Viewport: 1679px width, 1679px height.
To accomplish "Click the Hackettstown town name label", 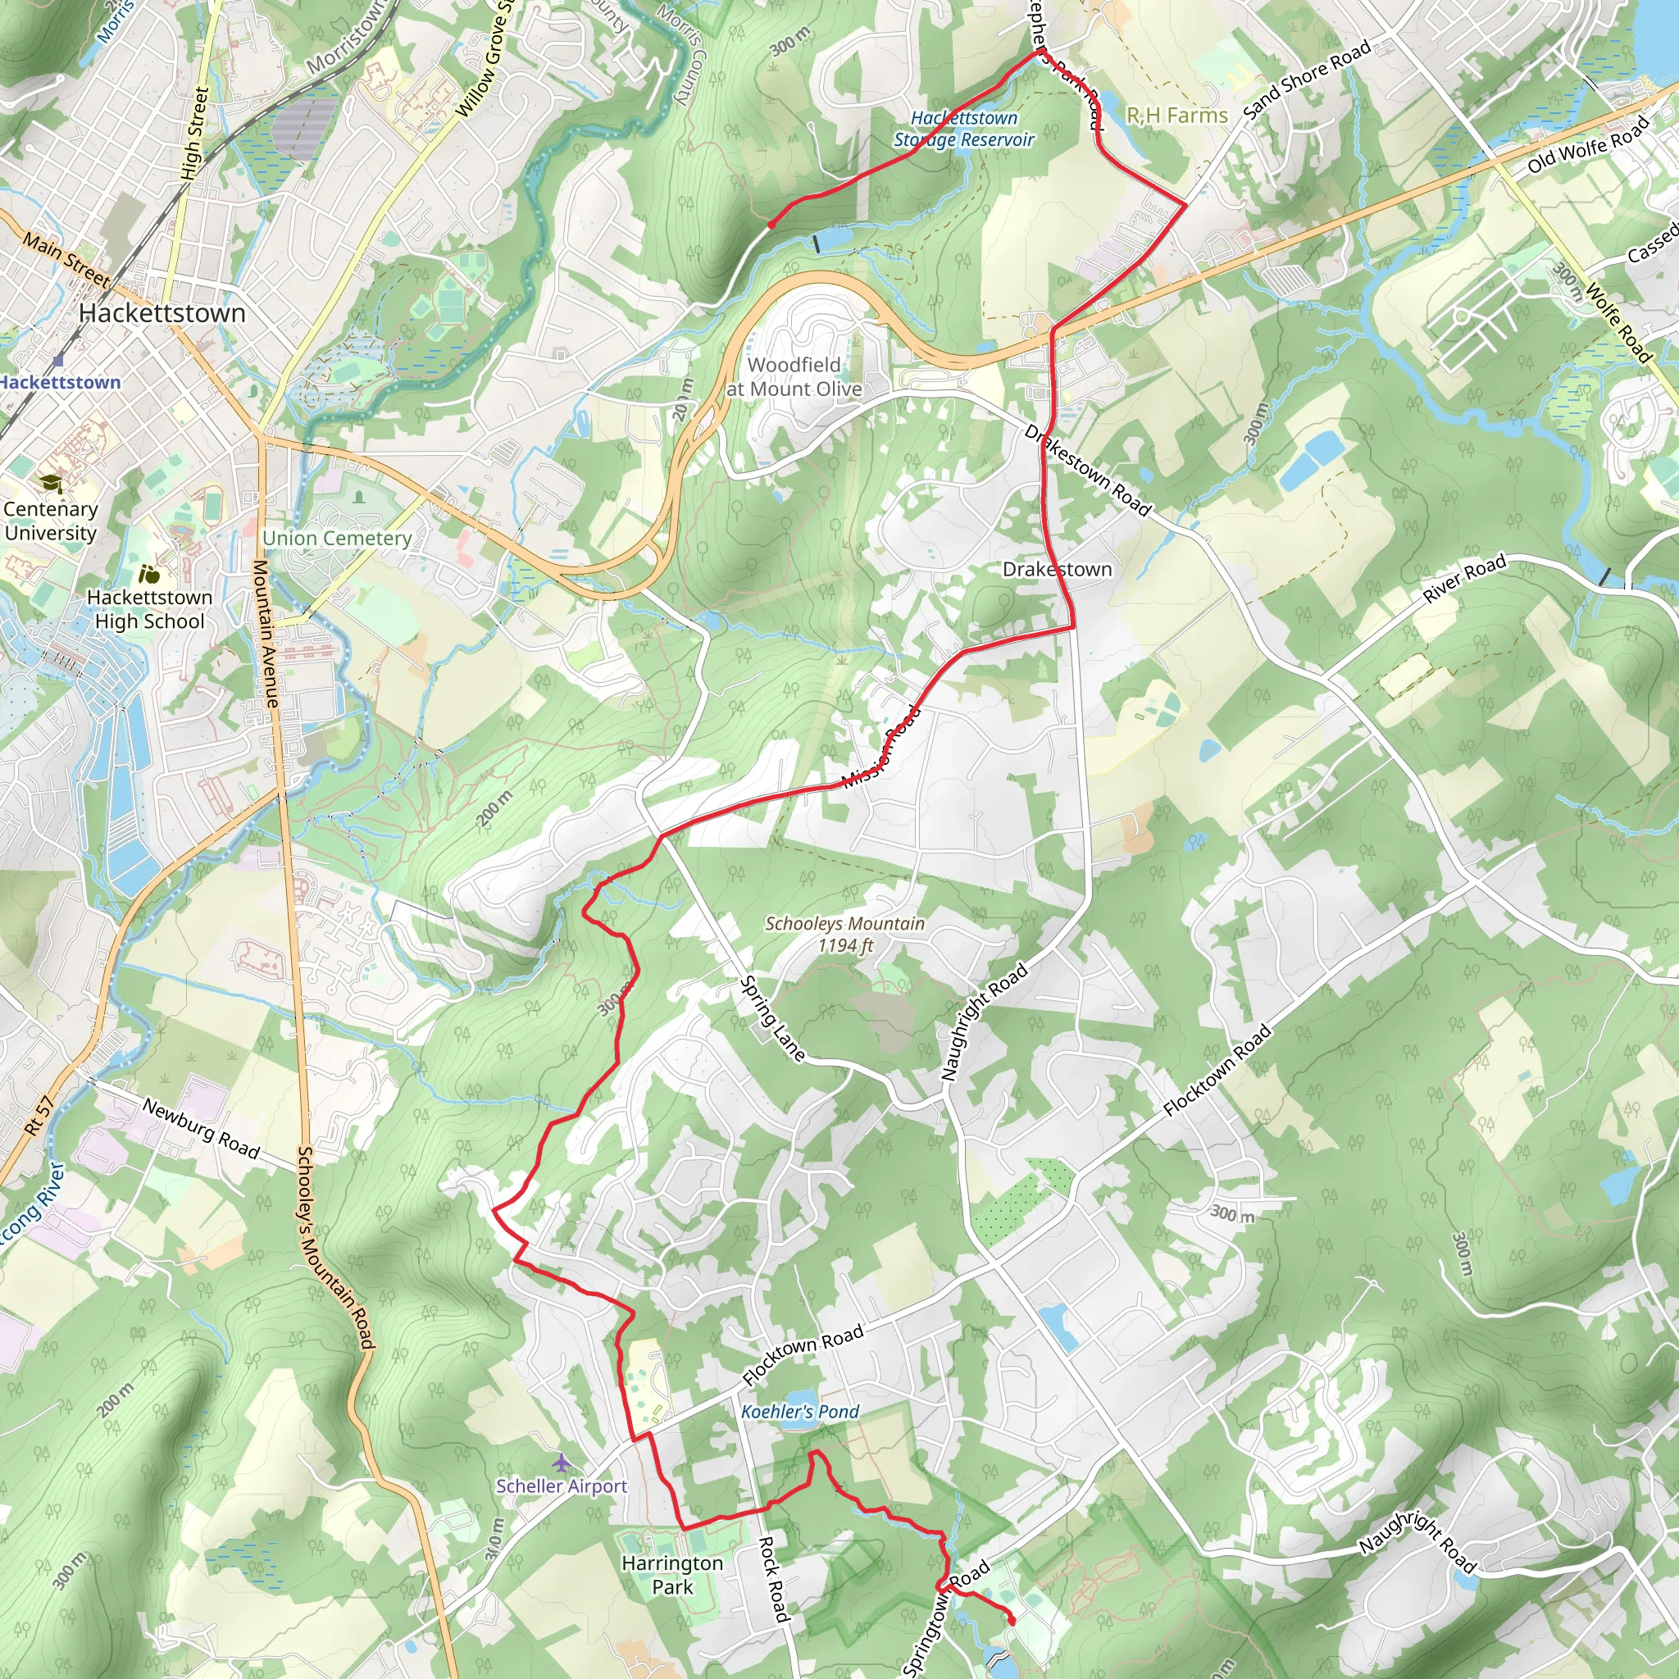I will coord(162,313).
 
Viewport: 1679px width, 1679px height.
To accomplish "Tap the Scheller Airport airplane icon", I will coord(562,1463).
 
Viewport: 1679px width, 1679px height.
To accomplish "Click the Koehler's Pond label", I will coord(799,1413).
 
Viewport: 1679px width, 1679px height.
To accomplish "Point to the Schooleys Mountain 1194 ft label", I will coord(844,935).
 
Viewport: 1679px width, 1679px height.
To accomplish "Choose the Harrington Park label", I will coord(671,1575).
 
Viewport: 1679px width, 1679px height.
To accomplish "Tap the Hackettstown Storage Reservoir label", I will coord(964,129).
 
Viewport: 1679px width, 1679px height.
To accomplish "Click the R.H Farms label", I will coord(1176,116).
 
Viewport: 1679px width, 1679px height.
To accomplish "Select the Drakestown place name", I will coord(1057,569).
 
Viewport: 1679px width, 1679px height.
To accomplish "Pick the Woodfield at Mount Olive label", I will coord(794,377).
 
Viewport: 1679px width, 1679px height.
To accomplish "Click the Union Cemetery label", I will coord(337,538).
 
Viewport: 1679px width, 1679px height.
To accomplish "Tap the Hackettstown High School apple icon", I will coord(148,575).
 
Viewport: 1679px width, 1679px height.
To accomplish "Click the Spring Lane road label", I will coord(771,1018).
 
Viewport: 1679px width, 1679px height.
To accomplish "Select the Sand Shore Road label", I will coord(1306,80).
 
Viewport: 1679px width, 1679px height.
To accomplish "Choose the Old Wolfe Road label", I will coord(1589,144).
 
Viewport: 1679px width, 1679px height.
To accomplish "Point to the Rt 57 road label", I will coord(39,1116).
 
